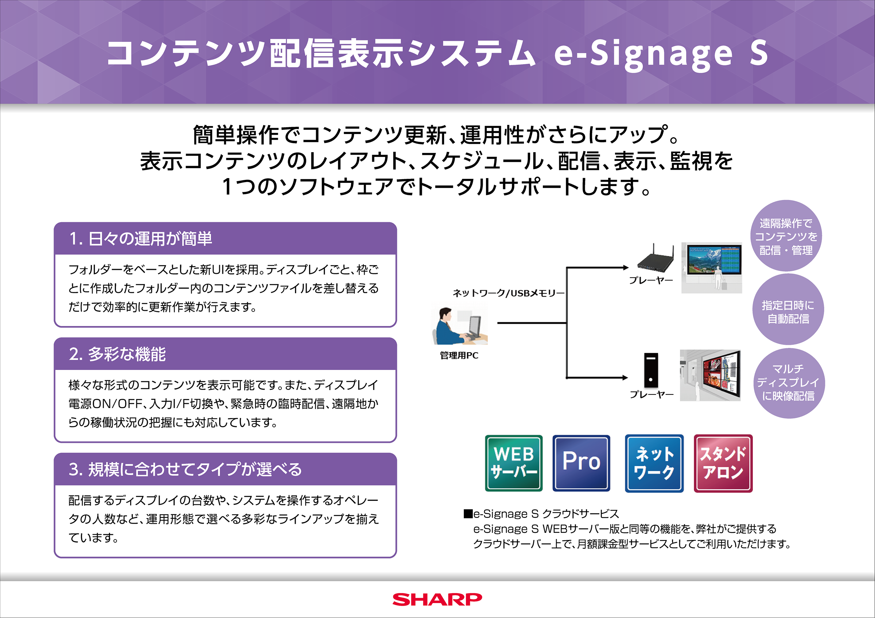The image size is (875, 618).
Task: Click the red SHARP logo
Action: tap(437, 599)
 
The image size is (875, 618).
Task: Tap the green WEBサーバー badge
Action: tap(514, 463)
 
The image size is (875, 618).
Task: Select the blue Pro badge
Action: tap(581, 463)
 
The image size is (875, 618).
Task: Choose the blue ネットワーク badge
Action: tap(654, 463)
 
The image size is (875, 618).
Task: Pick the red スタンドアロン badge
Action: tap(723, 463)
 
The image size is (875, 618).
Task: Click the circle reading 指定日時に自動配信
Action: tap(788, 309)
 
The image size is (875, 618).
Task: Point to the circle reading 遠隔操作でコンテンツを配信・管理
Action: tap(786, 236)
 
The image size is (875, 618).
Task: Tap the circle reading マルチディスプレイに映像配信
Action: tap(789, 383)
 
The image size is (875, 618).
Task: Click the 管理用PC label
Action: tap(459, 355)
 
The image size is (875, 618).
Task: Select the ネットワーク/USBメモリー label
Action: tap(508, 293)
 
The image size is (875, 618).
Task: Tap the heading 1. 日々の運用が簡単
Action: tap(141, 239)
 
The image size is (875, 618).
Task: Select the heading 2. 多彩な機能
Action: tap(117, 354)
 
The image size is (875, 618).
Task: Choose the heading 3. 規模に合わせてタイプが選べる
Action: tap(185, 469)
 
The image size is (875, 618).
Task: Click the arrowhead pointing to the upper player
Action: tap(625, 268)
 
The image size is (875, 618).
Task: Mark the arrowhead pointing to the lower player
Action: tap(625, 378)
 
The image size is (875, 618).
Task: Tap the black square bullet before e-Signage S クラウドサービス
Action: tap(468, 514)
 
